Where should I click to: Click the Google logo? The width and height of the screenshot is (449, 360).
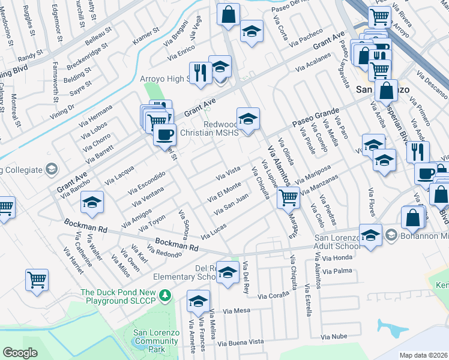coord(20,353)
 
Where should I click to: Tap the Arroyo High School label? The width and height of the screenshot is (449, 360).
coord(164,79)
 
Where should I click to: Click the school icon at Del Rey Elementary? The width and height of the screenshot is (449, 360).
coord(228,273)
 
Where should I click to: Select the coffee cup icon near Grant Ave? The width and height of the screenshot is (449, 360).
coord(164,134)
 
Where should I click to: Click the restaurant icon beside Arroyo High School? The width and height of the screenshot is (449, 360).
coord(200,73)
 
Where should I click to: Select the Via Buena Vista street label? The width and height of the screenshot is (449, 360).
coord(241,343)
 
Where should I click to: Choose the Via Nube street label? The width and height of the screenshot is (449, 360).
coord(334,338)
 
